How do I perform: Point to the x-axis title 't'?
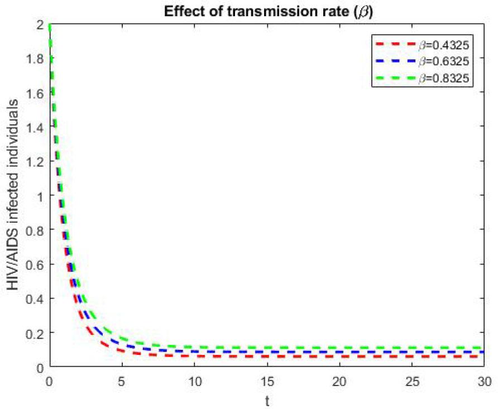(x=267, y=400)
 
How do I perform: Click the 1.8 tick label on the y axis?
(x=34, y=59)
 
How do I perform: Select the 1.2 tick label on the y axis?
(x=34, y=161)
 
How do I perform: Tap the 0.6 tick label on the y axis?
(x=34, y=264)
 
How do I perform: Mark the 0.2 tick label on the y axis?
(x=34, y=333)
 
